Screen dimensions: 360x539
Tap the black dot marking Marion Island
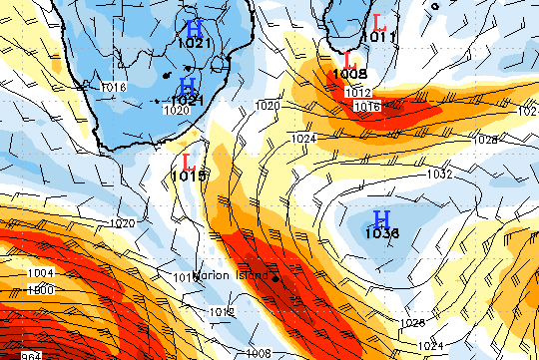(x=274, y=277)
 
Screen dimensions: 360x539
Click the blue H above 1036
(x=381, y=218)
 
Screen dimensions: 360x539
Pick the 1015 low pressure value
(x=188, y=176)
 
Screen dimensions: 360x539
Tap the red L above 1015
(x=187, y=161)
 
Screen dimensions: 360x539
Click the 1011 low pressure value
(x=377, y=37)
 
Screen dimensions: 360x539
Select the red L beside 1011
(x=378, y=21)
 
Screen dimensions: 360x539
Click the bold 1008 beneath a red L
(x=350, y=74)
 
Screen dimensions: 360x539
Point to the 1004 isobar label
(x=41, y=273)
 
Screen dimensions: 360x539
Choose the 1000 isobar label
(x=41, y=289)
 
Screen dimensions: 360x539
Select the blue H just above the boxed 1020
(x=188, y=85)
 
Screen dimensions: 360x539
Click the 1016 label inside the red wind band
(x=366, y=107)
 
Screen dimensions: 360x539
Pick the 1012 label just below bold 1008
(x=357, y=92)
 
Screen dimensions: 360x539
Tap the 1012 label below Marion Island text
(x=223, y=312)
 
